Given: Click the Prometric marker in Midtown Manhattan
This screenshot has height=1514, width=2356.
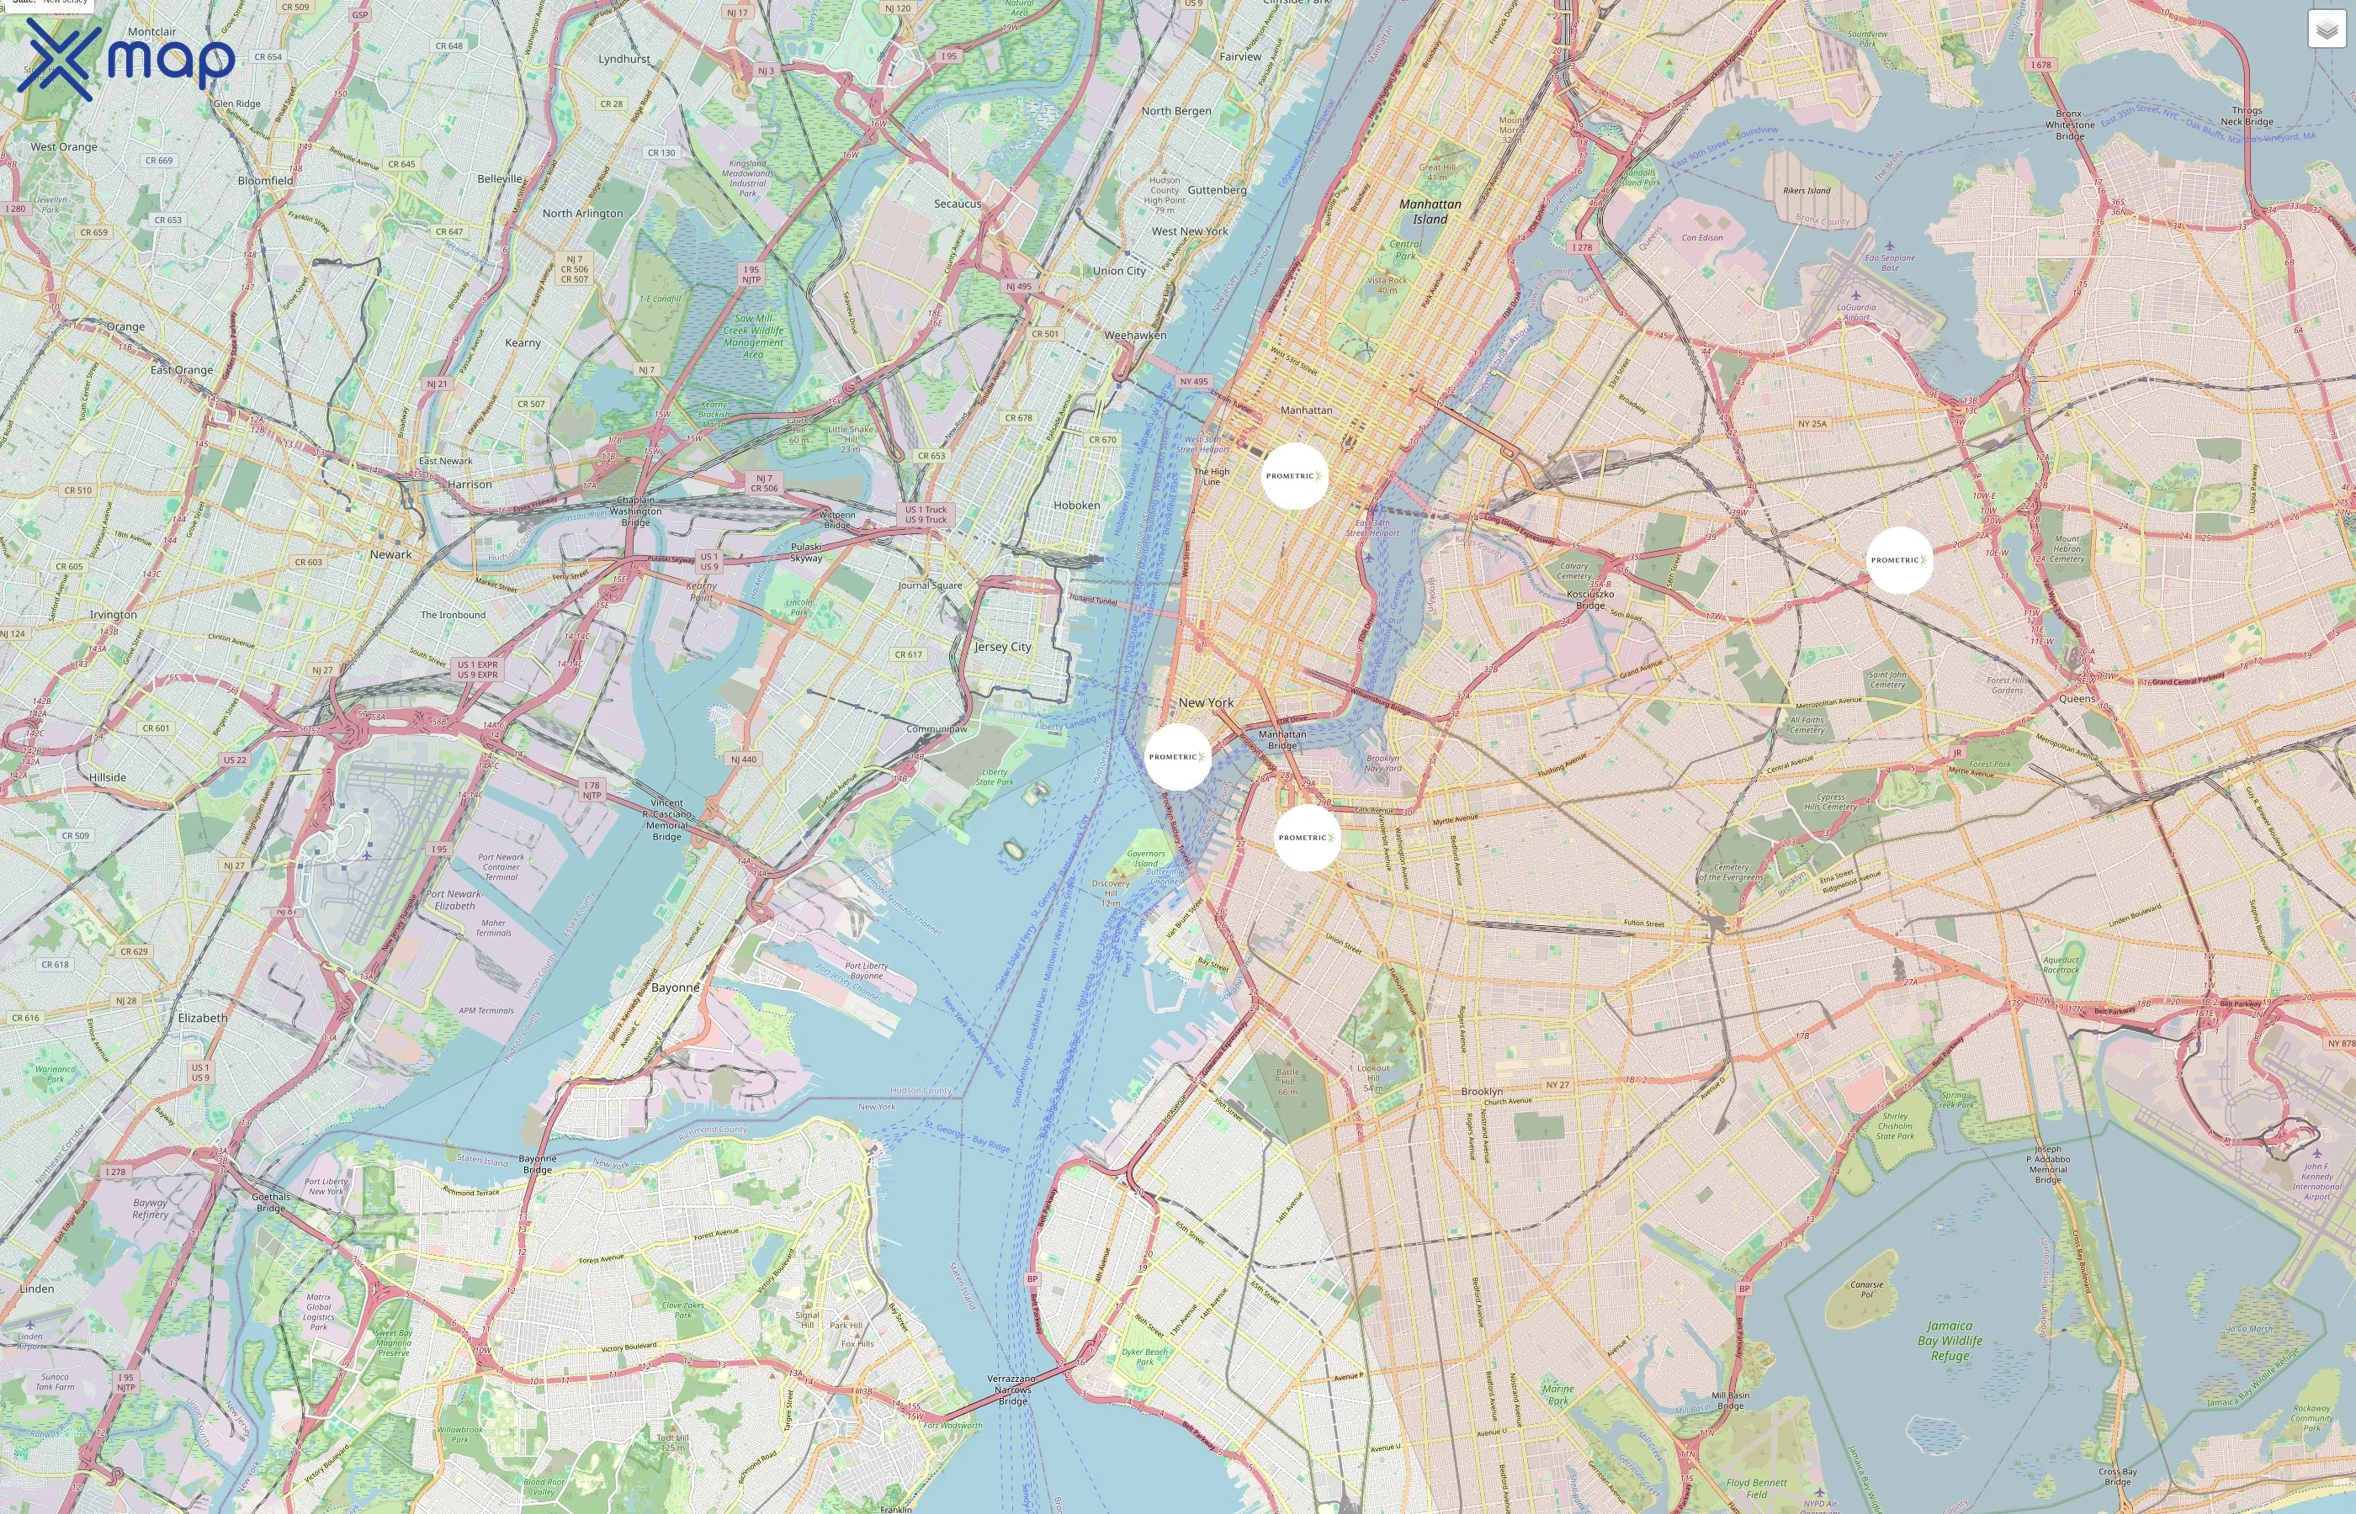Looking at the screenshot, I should [x=1294, y=476].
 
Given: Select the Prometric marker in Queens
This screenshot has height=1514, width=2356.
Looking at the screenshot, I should [x=1899, y=560].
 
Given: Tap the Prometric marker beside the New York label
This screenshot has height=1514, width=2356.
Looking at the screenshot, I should [x=1177, y=757].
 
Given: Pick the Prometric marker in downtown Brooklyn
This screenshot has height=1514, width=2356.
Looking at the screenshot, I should [x=1307, y=838].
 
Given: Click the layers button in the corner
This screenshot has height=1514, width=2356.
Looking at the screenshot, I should [x=2326, y=29].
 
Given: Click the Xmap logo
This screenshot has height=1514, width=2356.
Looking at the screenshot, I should [x=126, y=60].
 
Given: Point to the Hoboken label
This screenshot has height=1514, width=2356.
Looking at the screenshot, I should [x=1077, y=506].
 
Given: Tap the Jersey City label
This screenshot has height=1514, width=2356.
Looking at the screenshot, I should [x=1003, y=647].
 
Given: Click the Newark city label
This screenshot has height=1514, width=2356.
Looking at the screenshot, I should [x=390, y=554].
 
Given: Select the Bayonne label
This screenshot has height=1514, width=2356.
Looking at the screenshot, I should [x=676, y=987].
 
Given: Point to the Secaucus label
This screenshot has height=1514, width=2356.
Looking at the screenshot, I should [x=957, y=204].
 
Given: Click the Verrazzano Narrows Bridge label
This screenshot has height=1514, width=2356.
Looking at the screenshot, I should [x=1013, y=1390].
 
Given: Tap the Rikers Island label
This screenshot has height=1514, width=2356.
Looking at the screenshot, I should [x=1807, y=191].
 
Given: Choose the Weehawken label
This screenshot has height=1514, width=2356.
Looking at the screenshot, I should [x=1135, y=336].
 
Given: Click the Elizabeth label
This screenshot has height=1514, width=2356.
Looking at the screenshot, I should [x=203, y=1018].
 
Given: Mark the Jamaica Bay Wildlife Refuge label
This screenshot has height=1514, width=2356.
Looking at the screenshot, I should [x=1950, y=1340].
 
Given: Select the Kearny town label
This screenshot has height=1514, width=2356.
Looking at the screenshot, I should [x=523, y=343].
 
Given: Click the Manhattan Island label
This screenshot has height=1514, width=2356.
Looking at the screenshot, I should [x=1430, y=211].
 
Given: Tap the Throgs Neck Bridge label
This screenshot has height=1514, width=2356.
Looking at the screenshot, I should [x=2247, y=116].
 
